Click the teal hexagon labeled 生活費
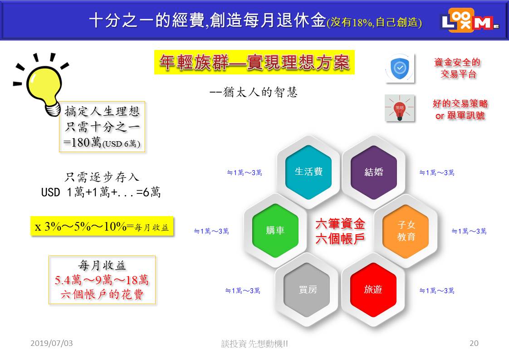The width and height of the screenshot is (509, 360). (x=308, y=172)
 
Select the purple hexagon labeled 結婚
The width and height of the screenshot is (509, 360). (x=374, y=172)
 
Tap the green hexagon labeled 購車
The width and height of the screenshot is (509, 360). (x=275, y=230)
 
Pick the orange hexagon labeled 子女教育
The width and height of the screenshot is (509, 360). (x=406, y=231)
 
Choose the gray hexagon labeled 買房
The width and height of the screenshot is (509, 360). (x=307, y=290)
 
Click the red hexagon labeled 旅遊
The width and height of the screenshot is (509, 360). (x=373, y=290)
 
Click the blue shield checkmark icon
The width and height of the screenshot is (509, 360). (x=400, y=68)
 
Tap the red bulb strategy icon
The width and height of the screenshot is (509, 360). (x=400, y=108)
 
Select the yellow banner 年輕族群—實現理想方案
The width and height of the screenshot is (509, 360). (x=254, y=62)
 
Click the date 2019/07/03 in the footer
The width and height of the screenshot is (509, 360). (x=52, y=343)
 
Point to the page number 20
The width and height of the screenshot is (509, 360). (x=474, y=343)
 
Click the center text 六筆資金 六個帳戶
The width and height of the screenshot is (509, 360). (x=340, y=231)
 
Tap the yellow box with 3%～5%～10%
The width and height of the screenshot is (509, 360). (x=102, y=226)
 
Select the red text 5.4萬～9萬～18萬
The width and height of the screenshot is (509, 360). (x=102, y=280)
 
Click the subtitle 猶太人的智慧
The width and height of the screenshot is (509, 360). (x=254, y=92)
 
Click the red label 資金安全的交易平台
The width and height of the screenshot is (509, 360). (x=457, y=68)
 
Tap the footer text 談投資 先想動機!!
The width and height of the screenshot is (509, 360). (x=254, y=343)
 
